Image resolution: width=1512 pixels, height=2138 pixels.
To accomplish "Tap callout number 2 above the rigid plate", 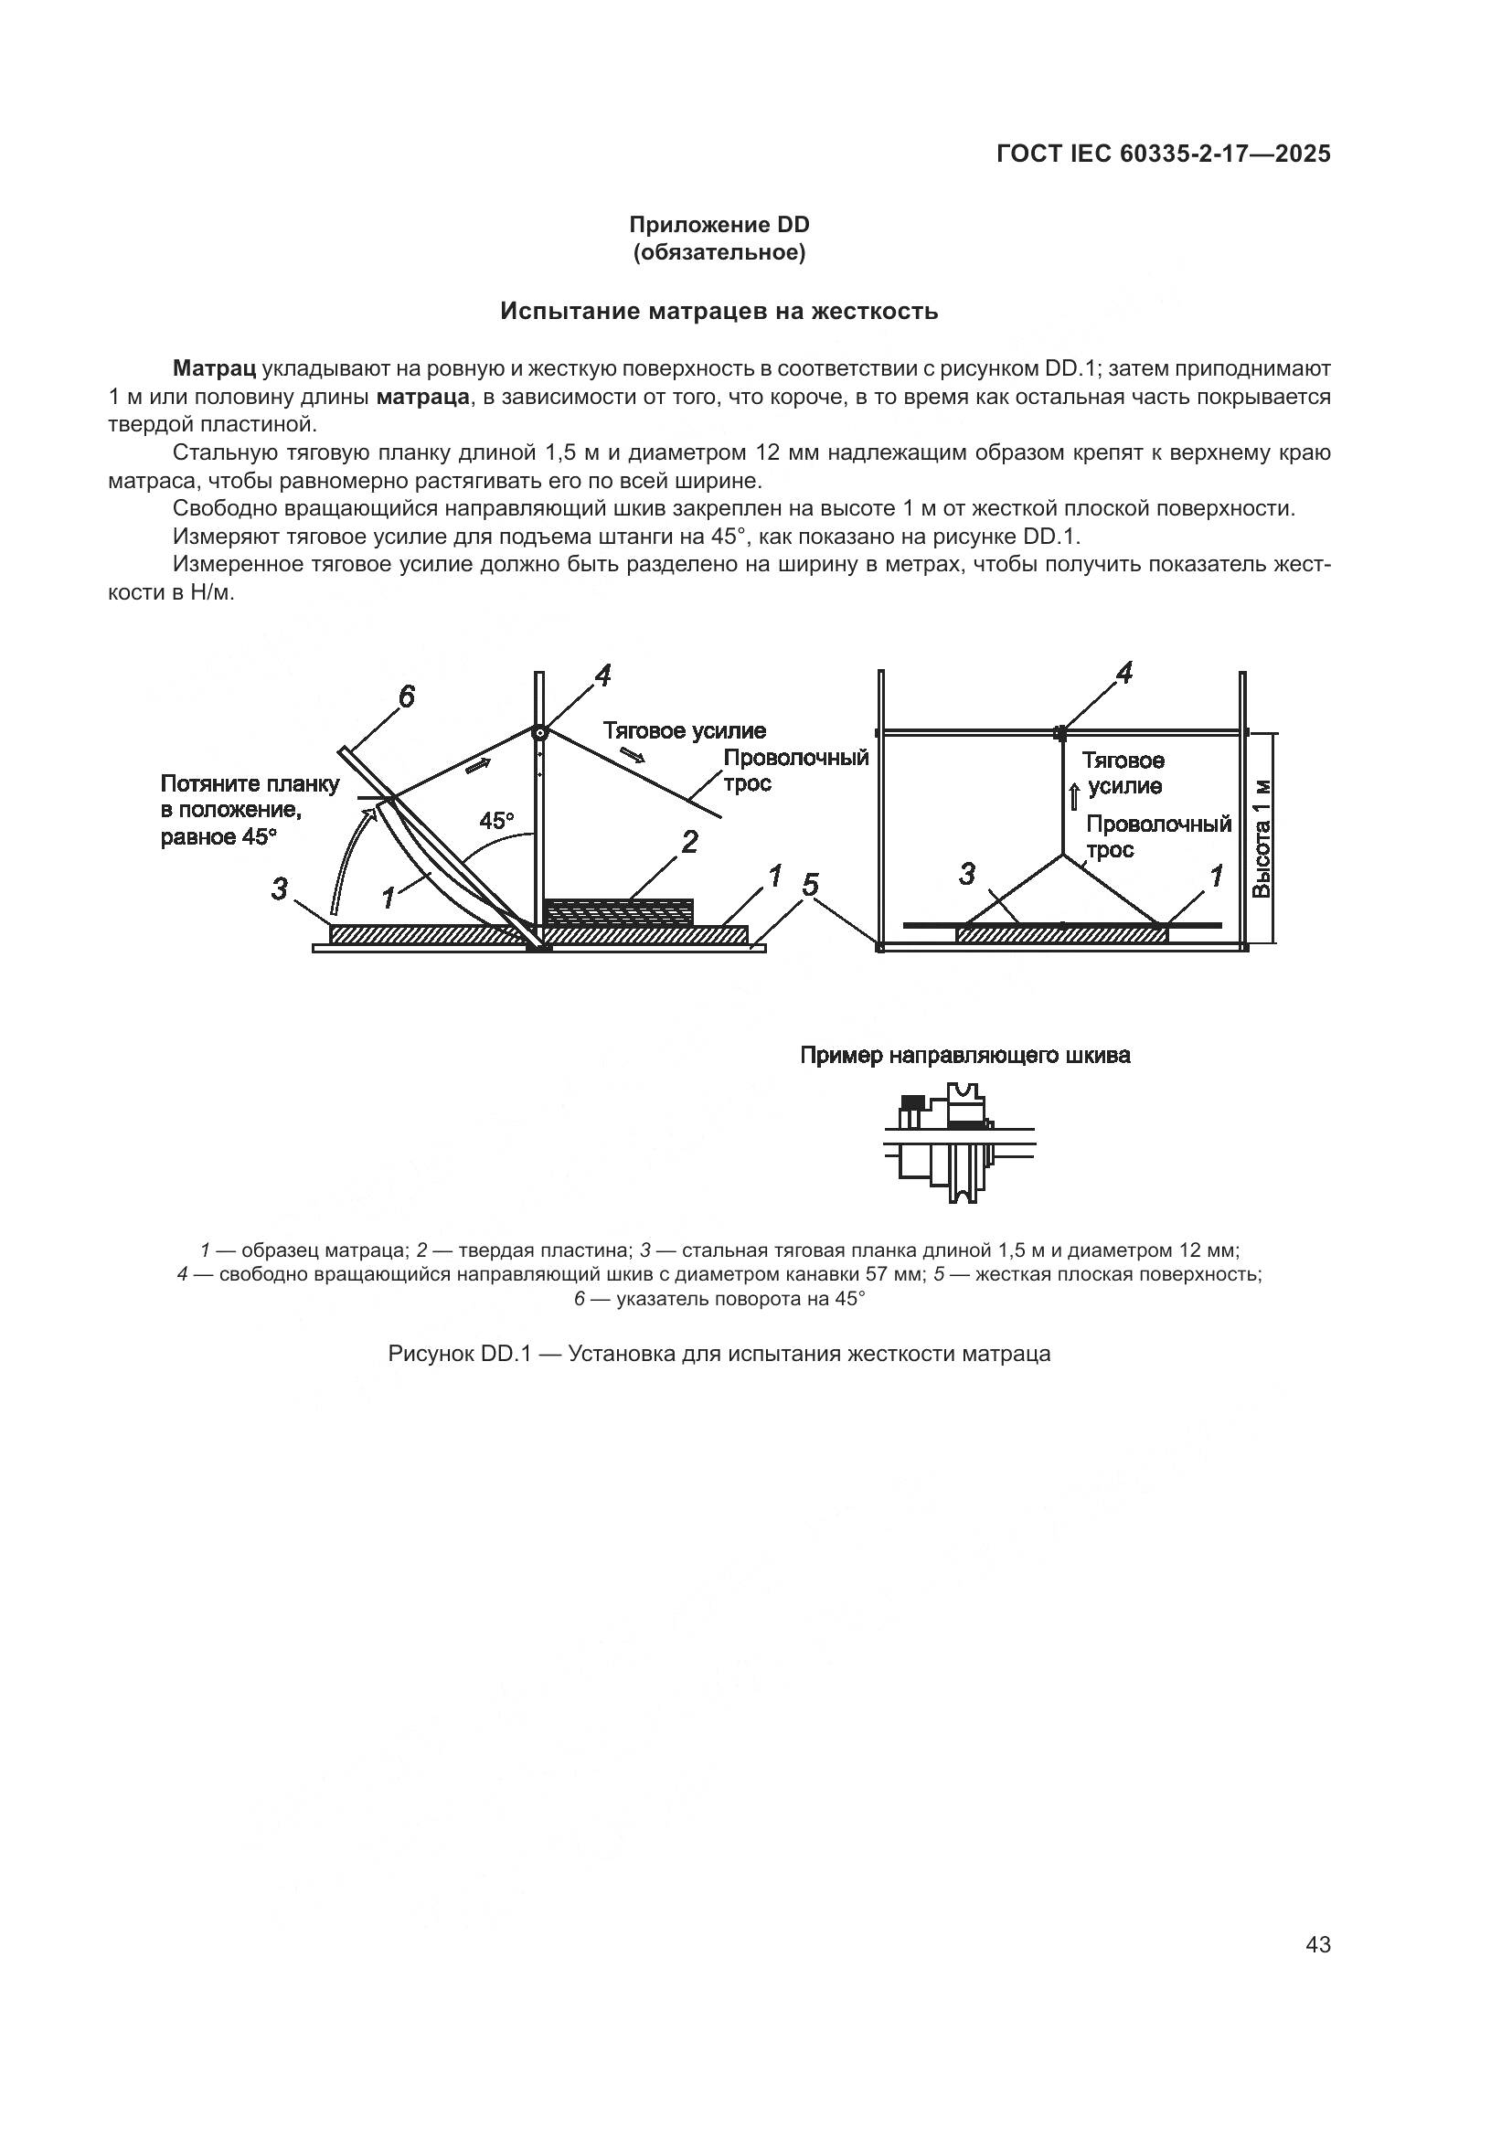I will [689, 842].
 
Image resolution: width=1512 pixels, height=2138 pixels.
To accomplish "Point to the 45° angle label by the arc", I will [496, 820].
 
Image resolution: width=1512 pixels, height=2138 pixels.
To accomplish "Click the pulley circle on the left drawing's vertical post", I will [539, 733].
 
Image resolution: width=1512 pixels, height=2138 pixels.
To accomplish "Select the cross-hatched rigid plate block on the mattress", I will [618, 910].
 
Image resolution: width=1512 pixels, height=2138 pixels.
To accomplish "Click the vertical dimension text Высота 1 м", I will [1262, 839].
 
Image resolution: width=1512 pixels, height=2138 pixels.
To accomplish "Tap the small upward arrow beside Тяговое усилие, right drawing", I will [1073, 796].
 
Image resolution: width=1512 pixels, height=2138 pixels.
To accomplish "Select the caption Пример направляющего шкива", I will [965, 1055].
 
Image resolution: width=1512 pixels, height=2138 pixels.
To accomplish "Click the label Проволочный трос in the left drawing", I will [795, 769].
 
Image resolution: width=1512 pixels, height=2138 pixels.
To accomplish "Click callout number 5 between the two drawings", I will [810, 885].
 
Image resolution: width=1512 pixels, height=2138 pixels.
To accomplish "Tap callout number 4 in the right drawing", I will [1123, 674].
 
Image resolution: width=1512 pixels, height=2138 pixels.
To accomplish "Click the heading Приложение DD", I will [719, 225].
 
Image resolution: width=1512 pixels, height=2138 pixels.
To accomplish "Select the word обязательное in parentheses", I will [719, 252].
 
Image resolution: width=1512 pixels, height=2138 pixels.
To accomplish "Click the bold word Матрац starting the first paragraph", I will [214, 367].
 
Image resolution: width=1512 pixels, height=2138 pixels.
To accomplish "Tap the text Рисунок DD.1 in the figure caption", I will [458, 1354].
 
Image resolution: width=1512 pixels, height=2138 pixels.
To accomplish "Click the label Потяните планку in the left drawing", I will [250, 784].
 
